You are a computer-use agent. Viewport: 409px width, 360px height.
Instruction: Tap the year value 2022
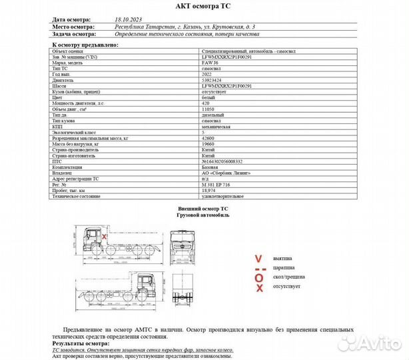click(207, 75)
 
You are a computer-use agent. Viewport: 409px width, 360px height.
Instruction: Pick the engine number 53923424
click(211, 81)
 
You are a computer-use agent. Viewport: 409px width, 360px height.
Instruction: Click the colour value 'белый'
click(208, 98)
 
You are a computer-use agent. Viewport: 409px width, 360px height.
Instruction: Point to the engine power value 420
click(206, 103)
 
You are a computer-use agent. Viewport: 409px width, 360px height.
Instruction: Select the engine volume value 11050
click(208, 109)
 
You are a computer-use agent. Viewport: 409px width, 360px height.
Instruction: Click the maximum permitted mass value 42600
click(208, 138)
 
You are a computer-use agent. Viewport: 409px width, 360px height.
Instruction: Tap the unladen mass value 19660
click(208, 143)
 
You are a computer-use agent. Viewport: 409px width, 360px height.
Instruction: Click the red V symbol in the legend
click(258, 258)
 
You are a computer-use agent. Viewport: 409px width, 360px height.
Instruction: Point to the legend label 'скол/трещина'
click(287, 276)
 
